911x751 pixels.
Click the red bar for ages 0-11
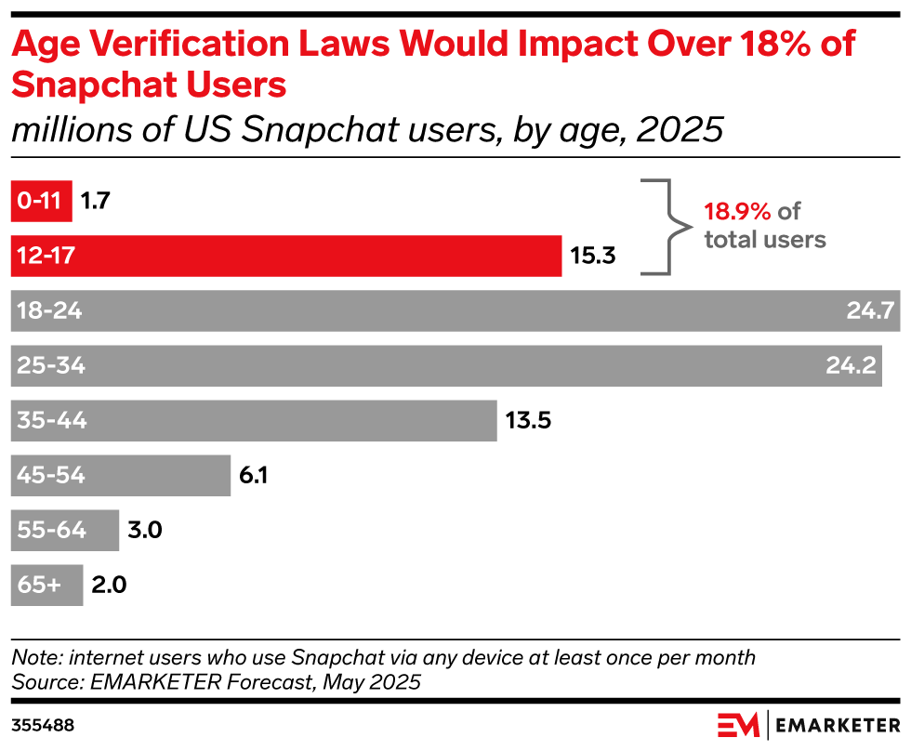coord(41,201)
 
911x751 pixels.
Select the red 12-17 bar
coord(285,256)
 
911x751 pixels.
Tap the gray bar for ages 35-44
coord(253,421)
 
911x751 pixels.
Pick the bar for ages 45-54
coord(120,476)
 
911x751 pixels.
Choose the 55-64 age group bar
coord(64,531)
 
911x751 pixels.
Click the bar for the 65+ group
coord(46,586)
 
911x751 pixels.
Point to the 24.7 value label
coord(870,311)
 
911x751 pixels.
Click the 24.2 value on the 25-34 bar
coord(851,366)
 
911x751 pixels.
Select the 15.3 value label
coord(593,256)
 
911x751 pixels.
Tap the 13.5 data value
coord(529,421)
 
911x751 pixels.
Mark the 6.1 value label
coord(254,476)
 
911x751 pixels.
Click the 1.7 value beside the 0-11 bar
coord(95,201)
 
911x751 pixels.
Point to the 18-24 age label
coord(49,311)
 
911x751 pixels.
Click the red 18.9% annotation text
coord(737,211)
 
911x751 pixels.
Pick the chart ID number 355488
coord(43,723)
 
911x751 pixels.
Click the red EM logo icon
coord(738,724)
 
